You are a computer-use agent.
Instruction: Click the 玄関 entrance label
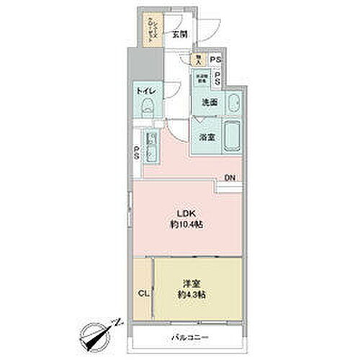coord(179,33)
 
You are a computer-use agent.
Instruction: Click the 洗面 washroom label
coord(208,102)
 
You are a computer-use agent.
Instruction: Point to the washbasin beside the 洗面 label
coord(233,102)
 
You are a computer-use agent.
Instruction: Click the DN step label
coord(229,178)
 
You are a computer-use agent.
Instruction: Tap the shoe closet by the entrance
coord(153,32)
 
